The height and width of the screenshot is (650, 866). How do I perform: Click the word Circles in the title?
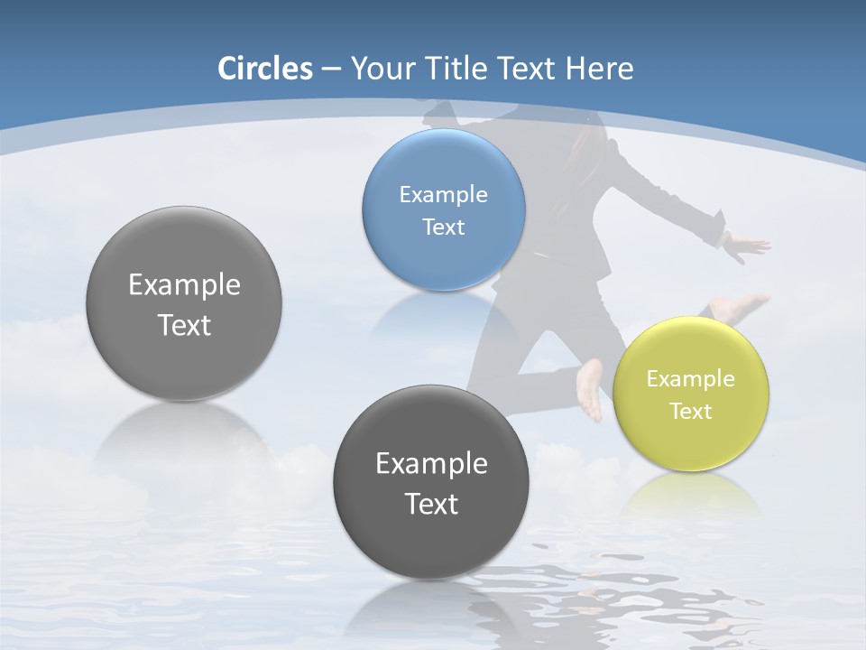[x=265, y=69]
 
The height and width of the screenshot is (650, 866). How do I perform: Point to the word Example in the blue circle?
[x=444, y=194]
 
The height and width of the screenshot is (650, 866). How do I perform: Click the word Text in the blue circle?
[x=444, y=227]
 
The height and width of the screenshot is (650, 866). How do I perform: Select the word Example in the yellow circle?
[x=691, y=379]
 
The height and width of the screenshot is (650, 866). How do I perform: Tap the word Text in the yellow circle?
[x=691, y=411]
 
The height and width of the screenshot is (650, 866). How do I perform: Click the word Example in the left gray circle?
[x=184, y=285]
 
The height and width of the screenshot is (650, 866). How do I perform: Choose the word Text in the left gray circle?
[x=184, y=325]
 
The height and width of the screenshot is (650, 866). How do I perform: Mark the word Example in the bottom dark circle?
[x=431, y=464]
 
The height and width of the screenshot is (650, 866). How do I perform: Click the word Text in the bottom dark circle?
[x=431, y=504]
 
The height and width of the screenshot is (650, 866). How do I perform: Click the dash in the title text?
[x=330, y=70]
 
